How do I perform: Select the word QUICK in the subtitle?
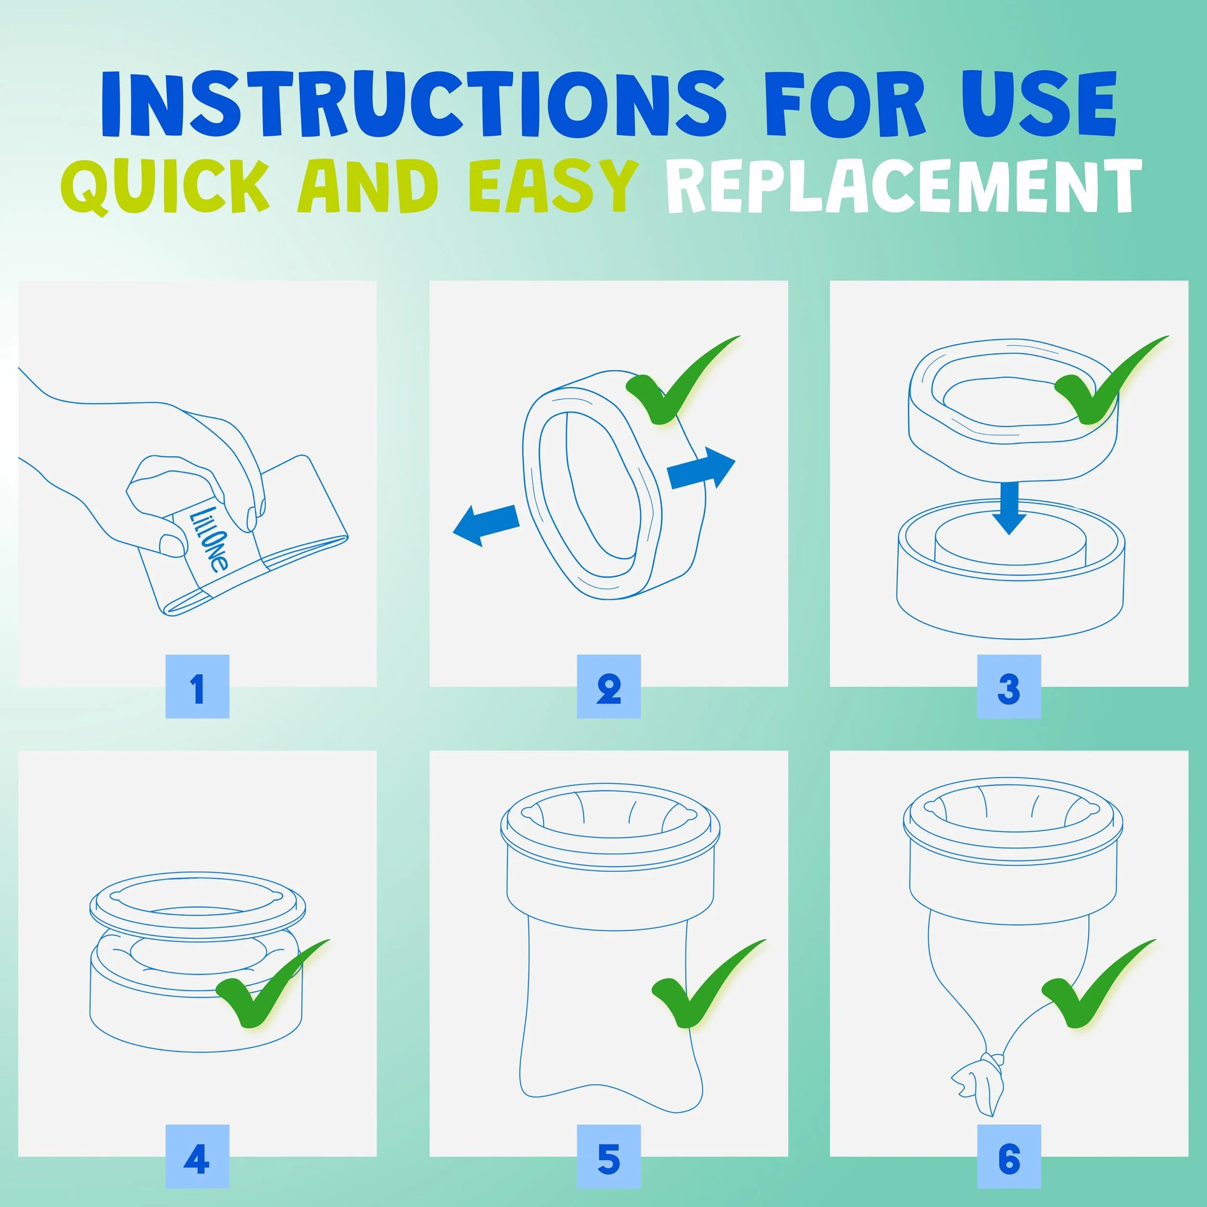click(165, 186)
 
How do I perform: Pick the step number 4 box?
click(198, 1156)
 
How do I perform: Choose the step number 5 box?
click(608, 1156)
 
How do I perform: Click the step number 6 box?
click(1009, 1156)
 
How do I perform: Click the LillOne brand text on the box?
click(209, 539)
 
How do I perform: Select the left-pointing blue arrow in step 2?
click(486, 525)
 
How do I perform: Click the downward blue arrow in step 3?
click(1008, 507)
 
